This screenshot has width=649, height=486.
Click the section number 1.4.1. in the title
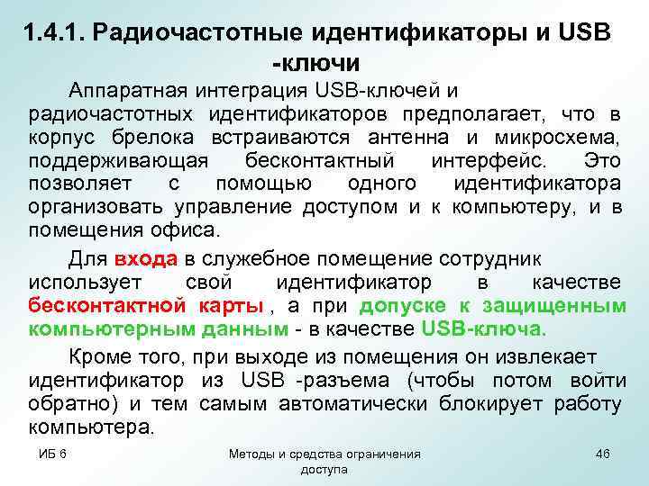tap(58, 33)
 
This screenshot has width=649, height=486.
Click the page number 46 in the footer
tap(602, 454)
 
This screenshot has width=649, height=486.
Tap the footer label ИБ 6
tap(52, 454)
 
